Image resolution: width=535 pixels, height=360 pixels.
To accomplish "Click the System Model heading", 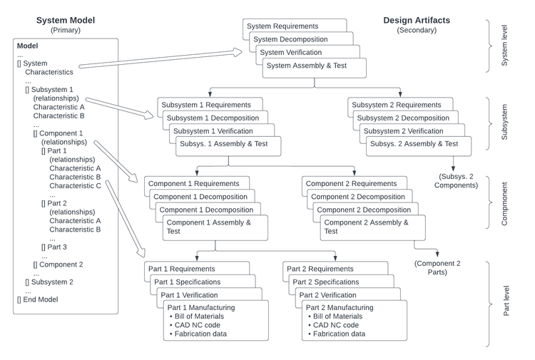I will tap(65, 20).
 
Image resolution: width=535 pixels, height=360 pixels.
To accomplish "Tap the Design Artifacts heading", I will tap(417, 20).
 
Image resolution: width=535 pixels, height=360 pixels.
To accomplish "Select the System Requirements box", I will tap(282, 26).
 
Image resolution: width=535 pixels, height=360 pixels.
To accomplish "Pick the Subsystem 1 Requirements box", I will tap(201, 105).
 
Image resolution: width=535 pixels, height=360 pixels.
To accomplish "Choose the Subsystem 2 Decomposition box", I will tap(403, 118).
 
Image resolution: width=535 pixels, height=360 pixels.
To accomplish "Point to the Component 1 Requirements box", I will tap(192, 183).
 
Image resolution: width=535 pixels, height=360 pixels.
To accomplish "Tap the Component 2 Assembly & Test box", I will tap(367, 227).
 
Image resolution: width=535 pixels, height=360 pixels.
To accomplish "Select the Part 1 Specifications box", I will tap(188, 282).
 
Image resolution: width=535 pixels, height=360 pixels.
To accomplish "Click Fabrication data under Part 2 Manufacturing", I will tap(338, 334).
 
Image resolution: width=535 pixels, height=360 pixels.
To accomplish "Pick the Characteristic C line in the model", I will tap(75, 185).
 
